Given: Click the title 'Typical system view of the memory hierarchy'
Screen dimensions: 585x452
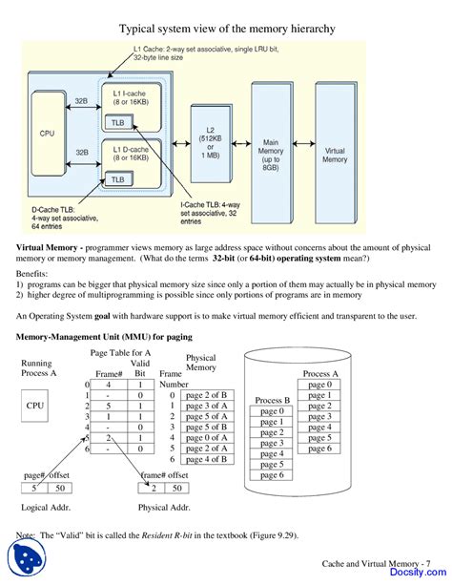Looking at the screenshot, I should pyautogui.click(x=226, y=30).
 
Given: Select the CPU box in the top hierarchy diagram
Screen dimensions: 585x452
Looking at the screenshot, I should pyautogui.click(x=47, y=134).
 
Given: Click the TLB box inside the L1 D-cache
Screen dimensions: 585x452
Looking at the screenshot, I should pyautogui.click(x=117, y=178).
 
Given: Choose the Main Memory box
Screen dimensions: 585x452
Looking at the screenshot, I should pyautogui.click(x=271, y=152).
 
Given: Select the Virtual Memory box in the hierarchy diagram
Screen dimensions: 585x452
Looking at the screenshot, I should pyautogui.click(x=335, y=153).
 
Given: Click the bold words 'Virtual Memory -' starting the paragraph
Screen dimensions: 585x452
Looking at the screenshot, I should pyautogui.click(x=48, y=246).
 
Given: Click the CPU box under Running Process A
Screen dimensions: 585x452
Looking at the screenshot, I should pyautogui.click(x=35, y=405).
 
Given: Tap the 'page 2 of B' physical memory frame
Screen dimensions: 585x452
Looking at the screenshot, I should pyautogui.click(x=206, y=395).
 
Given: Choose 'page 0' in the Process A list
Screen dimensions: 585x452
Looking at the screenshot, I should pyautogui.click(x=319, y=384).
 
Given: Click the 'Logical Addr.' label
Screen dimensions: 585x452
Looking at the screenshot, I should pyautogui.click(x=45, y=507).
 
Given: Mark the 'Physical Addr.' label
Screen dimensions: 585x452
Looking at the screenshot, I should pyautogui.click(x=164, y=507).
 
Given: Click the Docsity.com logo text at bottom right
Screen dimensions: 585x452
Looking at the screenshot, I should pyautogui.click(x=416, y=575).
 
